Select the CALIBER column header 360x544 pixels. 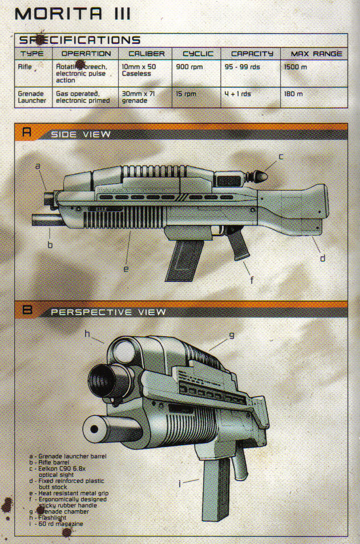(x=147, y=54)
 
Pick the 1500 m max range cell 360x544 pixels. (x=295, y=67)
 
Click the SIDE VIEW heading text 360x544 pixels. (x=80, y=135)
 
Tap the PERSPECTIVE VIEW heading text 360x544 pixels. (x=108, y=312)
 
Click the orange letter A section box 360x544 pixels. (x=26, y=134)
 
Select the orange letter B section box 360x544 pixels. (x=26, y=311)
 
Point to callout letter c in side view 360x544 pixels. (x=281, y=156)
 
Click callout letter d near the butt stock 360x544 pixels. (x=322, y=258)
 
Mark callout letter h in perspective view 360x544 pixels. (x=87, y=334)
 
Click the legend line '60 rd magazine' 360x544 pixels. (x=59, y=523)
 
